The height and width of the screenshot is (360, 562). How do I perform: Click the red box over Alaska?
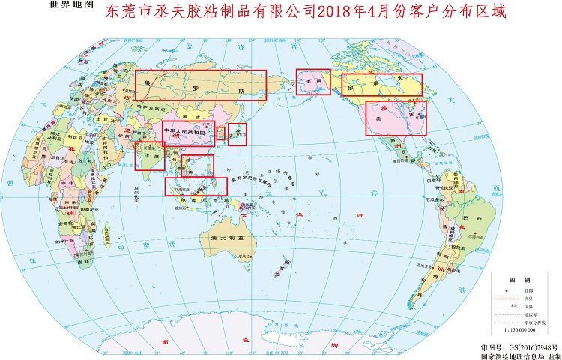coord(314,82)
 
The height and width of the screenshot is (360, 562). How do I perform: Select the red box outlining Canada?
coord(381,86)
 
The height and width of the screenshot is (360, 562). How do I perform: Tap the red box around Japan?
coord(238,134)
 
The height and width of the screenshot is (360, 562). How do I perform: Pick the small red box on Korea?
coord(220,133)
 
